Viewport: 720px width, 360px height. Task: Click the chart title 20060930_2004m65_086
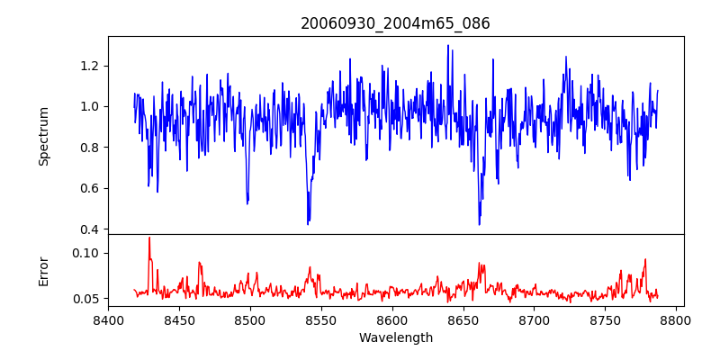click(395, 23)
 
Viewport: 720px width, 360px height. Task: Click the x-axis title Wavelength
click(395, 338)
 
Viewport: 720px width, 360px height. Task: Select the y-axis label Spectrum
click(44, 136)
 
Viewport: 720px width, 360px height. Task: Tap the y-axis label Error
click(44, 271)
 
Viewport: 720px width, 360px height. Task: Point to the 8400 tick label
click(108, 320)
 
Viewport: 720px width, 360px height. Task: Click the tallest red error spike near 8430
click(149, 238)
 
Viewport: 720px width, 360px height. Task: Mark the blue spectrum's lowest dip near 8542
click(308, 223)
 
